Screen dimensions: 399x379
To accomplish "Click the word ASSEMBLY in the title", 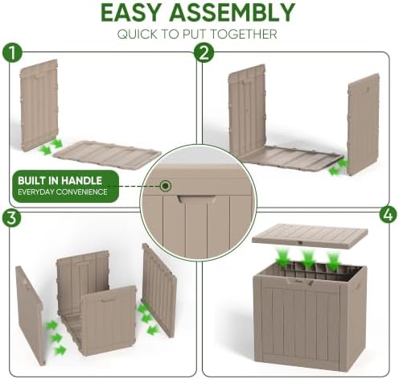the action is [x=232, y=13].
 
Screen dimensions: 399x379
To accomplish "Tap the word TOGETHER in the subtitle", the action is [x=243, y=35].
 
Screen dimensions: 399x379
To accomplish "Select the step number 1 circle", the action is [x=12, y=53].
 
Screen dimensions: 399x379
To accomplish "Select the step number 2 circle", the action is [x=204, y=53].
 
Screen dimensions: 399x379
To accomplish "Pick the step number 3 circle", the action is [x=11, y=217].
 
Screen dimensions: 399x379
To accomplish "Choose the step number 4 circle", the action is [x=388, y=216].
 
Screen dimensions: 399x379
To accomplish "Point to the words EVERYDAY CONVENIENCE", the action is [x=63, y=192].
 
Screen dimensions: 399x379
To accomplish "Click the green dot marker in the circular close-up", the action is [x=166, y=185].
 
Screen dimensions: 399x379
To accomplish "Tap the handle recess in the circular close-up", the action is [x=197, y=199].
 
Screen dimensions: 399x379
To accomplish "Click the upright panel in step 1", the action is [x=39, y=105].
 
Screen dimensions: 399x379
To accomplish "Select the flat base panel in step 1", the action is [x=107, y=154].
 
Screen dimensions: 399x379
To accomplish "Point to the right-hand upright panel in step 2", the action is [x=364, y=124].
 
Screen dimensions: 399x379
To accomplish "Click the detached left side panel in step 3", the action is [x=30, y=315].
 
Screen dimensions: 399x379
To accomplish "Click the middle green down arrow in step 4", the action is [x=308, y=259].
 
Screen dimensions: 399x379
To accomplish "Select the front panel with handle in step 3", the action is [x=109, y=320].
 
